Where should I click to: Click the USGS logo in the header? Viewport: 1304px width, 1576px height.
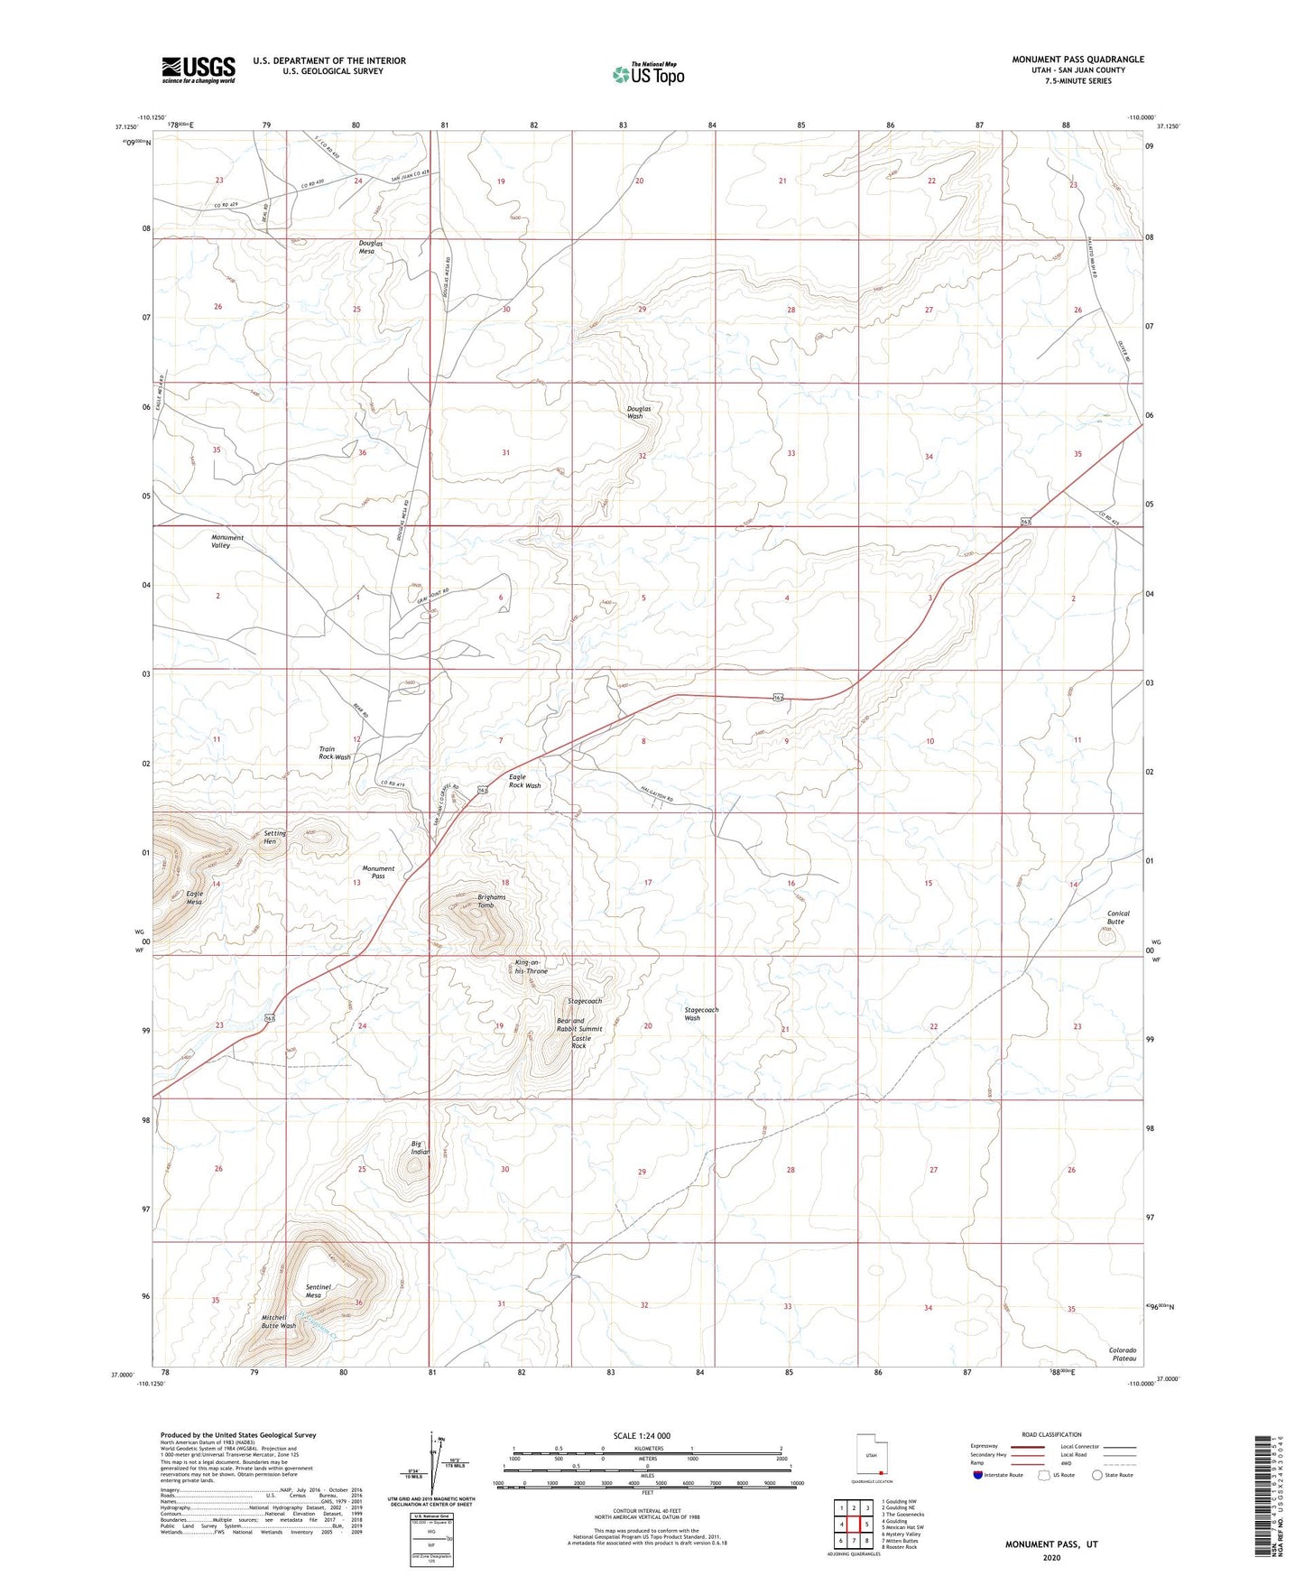tap(199, 69)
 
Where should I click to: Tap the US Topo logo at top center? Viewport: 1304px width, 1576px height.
tap(647, 73)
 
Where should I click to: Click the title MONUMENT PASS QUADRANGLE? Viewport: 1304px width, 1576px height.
tap(1077, 60)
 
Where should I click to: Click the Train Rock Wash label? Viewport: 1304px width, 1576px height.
tap(335, 753)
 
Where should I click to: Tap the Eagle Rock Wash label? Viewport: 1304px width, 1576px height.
tap(524, 781)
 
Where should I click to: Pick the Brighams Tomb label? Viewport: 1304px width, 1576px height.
tap(492, 901)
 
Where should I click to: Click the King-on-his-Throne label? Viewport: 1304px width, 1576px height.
tap(531, 967)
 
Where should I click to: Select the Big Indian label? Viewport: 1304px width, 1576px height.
tap(421, 1147)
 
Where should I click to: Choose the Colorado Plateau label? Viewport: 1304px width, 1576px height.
tap(1124, 1354)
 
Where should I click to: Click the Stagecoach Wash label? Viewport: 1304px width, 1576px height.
tap(701, 1014)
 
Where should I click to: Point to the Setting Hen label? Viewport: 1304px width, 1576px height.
tap(274, 838)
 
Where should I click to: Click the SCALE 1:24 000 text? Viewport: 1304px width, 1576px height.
tap(642, 1436)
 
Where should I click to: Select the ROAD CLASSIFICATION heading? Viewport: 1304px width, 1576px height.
tap(1051, 1434)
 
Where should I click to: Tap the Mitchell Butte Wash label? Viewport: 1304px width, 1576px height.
tap(279, 1321)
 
